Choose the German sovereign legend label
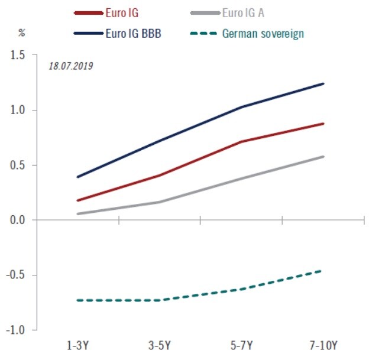pyautogui.click(x=263, y=34)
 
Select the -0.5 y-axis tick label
pyautogui.click(x=15, y=275)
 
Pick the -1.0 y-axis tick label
pyautogui.click(x=15, y=330)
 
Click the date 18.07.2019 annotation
pyautogui.click(x=70, y=65)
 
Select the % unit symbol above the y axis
pyautogui.click(x=22, y=33)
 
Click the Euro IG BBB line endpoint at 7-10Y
pyautogui.click(x=323, y=84)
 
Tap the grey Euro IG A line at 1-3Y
pyautogui.click(x=78, y=213)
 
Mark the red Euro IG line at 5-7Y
pyautogui.click(x=242, y=142)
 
